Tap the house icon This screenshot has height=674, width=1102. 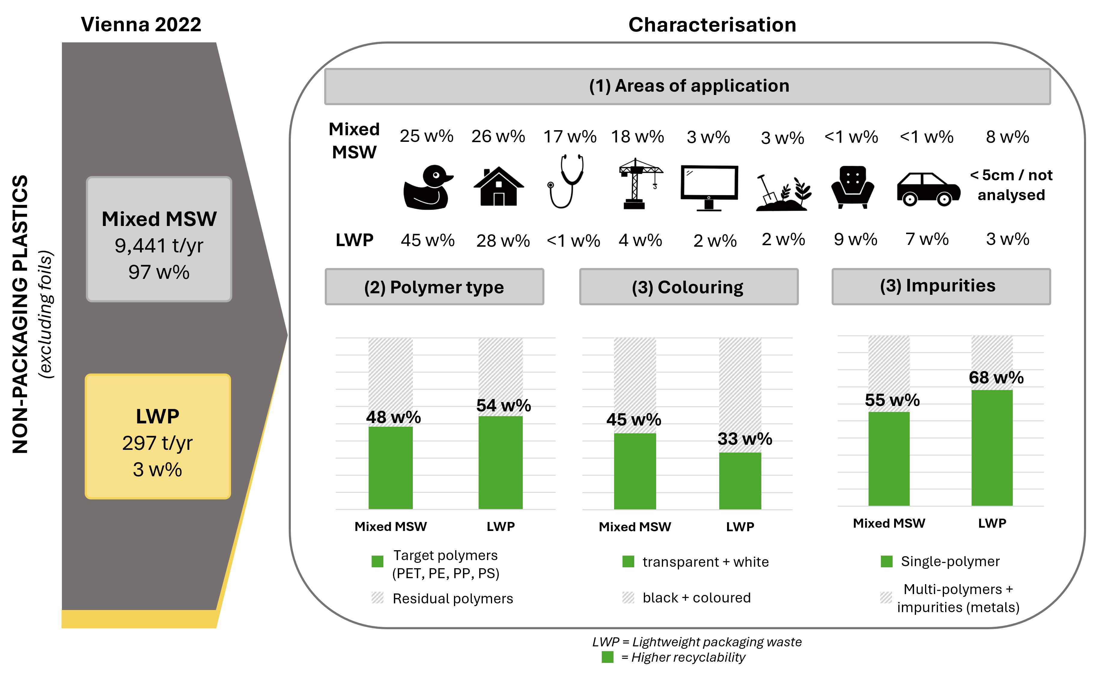[x=498, y=187]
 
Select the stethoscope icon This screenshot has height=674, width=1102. [x=566, y=181]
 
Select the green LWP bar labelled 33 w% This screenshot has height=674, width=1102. [x=740, y=481]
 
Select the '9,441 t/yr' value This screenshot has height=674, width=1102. [x=159, y=246]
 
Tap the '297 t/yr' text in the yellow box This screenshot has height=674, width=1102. [x=157, y=443]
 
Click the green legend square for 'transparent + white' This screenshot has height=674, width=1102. [x=628, y=561]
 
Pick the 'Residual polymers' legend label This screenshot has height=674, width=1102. [x=452, y=598]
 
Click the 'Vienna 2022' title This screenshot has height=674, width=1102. [x=141, y=24]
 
